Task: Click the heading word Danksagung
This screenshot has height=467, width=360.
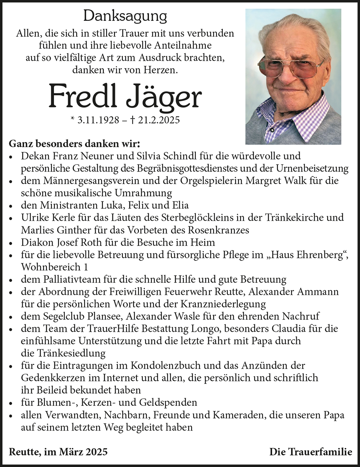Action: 125,16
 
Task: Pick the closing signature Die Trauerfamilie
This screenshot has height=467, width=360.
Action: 311,452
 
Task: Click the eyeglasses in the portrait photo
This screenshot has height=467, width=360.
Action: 291,67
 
